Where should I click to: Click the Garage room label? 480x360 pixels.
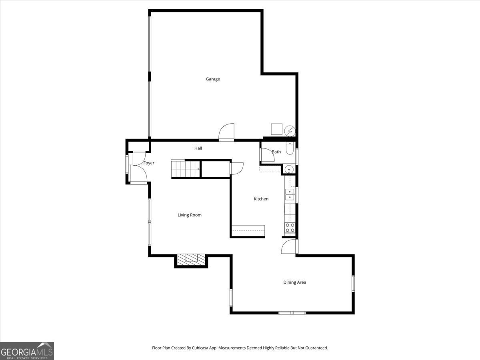pyautogui.click(x=213, y=79)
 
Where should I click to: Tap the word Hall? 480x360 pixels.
pyautogui.click(x=198, y=148)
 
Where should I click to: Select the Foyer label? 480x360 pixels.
pyautogui.click(x=149, y=163)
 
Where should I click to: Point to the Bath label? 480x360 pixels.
pyautogui.click(x=276, y=152)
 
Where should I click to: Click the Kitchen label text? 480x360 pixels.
pyautogui.click(x=261, y=199)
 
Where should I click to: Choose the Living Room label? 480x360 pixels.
pyautogui.click(x=190, y=215)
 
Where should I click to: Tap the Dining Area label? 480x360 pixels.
pyautogui.click(x=295, y=282)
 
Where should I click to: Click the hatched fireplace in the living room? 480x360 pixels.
pyautogui.click(x=191, y=260)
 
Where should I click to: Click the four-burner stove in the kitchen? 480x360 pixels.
pyautogui.click(x=290, y=228)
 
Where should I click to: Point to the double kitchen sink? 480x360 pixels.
pyautogui.click(x=290, y=195)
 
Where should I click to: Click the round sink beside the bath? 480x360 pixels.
pyautogui.click(x=289, y=170)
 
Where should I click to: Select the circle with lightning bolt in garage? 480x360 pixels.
pyautogui.click(x=290, y=131)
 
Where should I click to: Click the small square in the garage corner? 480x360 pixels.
pyautogui.click(x=276, y=129)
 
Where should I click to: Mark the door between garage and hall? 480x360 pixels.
pyautogui.click(x=226, y=133)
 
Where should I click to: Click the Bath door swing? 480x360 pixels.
pyautogui.click(x=266, y=155)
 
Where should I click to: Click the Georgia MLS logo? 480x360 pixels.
pyautogui.click(x=27, y=351)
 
